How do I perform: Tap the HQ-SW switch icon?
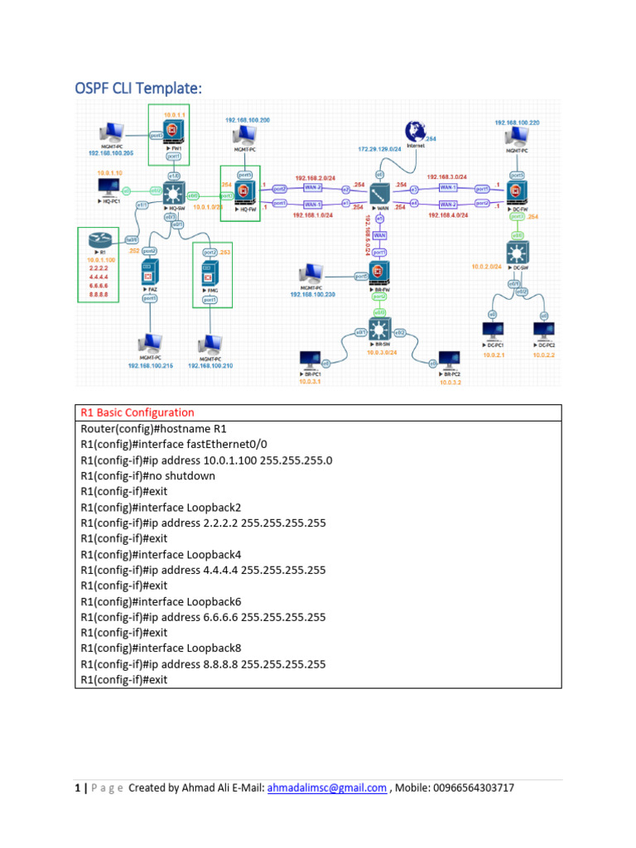[x=175, y=195]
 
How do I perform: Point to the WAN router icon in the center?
[x=379, y=195]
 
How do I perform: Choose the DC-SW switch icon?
[x=519, y=251]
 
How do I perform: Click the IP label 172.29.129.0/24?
[x=379, y=149]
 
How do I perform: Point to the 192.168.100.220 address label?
[x=518, y=123]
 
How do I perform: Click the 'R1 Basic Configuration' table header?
[x=137, y=412]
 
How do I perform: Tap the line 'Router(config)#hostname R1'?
[x=153, y=429]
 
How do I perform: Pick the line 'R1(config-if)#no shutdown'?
[x=148, y=476]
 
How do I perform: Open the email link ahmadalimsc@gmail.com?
[x=327, y=788]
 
